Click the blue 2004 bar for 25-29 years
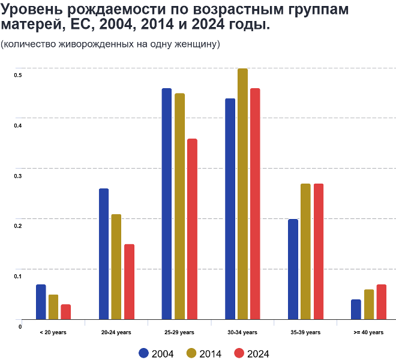[x=167, y=204]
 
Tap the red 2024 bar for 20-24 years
[x=129, y=281]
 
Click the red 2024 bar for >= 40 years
[x=381, y=302]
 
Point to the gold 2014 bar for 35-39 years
[x=305, y=251]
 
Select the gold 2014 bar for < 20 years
[x=53, y=307]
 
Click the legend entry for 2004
[x=156, y=353]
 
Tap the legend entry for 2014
[x=204, y=353]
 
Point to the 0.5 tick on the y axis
[x=18, y=75]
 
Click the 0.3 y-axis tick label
[x=18, y=176]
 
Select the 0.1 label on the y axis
[x=18, y=277]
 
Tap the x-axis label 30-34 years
[x=242, y=332]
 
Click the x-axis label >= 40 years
[x=368, y=332]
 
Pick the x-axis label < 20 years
[x=53, y=332]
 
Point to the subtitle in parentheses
[x=110, y=44]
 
